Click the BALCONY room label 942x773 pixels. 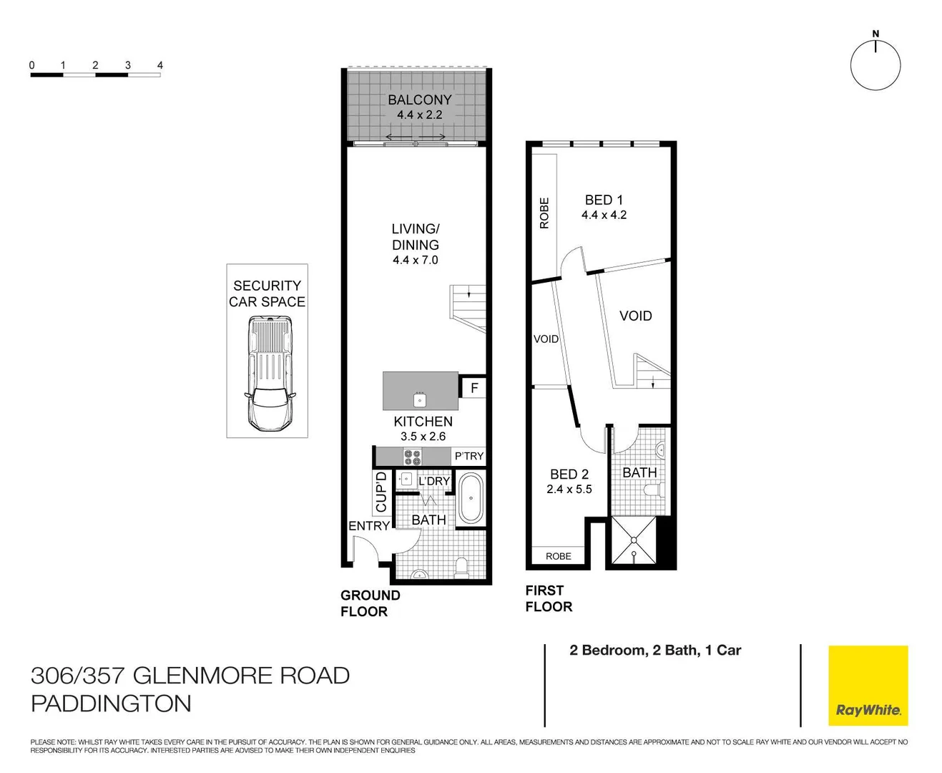coord(420,100)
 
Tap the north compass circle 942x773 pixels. coord(875,65)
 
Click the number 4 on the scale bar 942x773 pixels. coord(160,65)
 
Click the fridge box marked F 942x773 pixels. coord(474,389)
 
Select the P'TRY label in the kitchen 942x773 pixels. coord(468,456)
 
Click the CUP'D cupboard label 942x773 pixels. coord(381,492)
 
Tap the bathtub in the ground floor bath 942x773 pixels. coord(471,498)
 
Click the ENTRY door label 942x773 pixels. coord(369,526)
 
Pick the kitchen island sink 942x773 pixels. coord(420,399)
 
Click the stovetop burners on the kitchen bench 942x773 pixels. coord(412,457)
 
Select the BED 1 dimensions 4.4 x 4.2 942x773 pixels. coord(604,215)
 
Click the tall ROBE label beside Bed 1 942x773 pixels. coord(544,213)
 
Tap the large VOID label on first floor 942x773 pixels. coord(635,316)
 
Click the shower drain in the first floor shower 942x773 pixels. coord(634,553)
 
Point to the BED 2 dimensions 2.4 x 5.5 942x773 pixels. coord(569,490)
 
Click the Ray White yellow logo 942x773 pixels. coord(868,685)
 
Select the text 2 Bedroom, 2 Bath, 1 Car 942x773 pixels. coord(654,651)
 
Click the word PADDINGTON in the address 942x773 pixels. coord(112,704)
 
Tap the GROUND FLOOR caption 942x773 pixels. coord(370,603)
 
